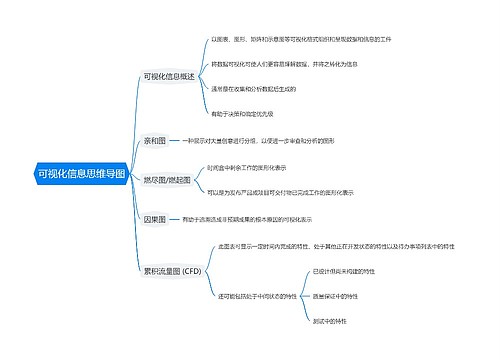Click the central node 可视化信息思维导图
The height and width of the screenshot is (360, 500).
[81, 174]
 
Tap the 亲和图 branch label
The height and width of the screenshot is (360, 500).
[156, 142]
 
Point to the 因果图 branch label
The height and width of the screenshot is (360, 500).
[156, 217]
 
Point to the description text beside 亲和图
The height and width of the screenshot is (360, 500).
[268, 142]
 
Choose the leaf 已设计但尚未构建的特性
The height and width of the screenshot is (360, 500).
[343, 270]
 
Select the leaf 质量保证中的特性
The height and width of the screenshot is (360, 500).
[335, 295]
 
